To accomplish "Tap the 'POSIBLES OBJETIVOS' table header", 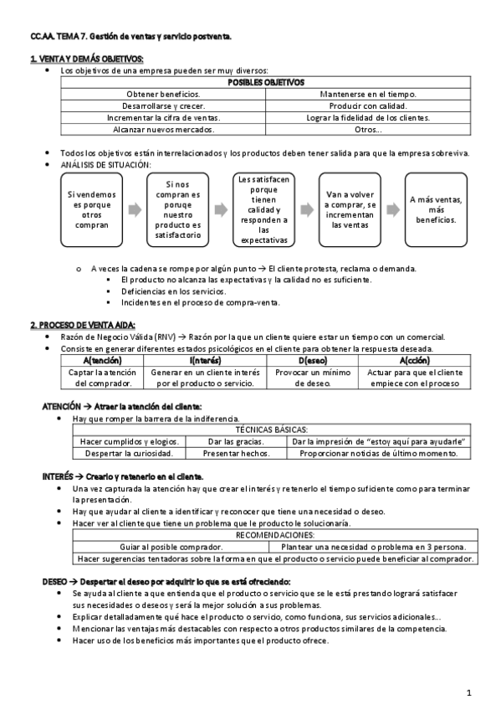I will (x=266, y=82).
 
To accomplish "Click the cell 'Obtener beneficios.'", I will (x=163, y=95).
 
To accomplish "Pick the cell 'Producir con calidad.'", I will (x=368, y=106).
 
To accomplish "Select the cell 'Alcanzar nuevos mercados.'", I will (x=163, y=130).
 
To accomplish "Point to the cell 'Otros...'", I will (x=368, y=130).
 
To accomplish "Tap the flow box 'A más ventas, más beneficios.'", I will (x=436, y=209).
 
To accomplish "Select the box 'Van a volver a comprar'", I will (x=350, y=209).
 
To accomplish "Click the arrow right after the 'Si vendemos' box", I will (x=134, y=209).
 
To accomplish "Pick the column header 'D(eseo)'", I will (x=312, y=359).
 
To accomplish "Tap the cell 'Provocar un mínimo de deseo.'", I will (x=312, y=377).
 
